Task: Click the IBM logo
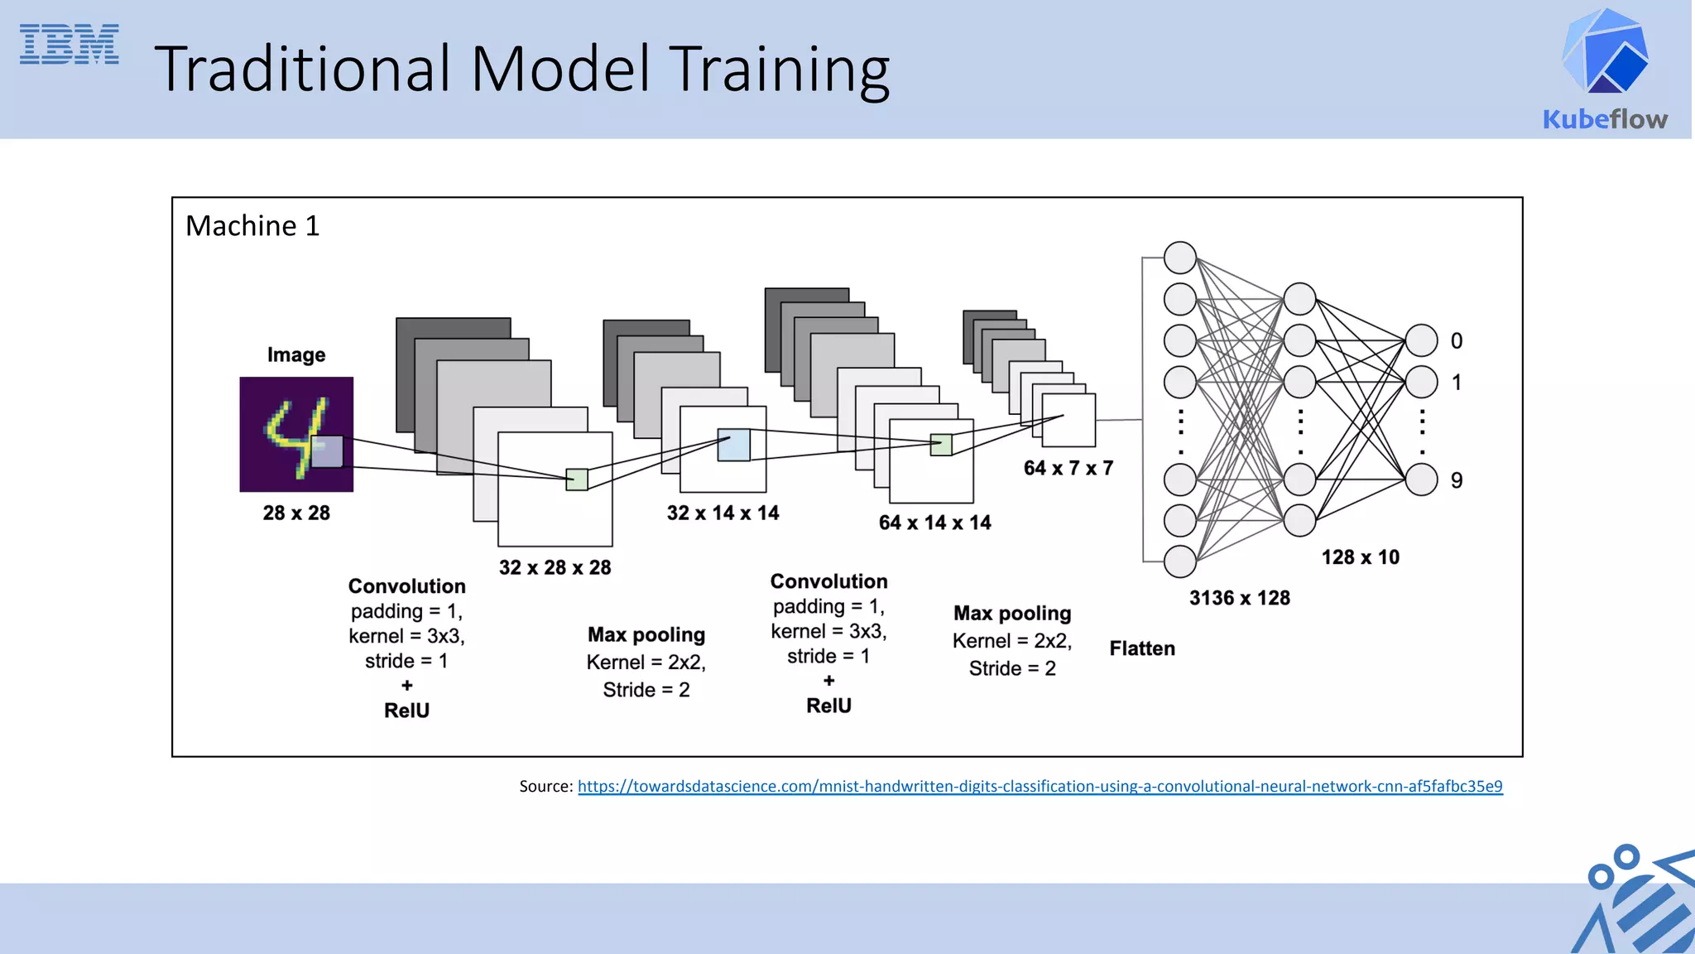pos(70,45)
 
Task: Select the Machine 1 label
pos(252,226)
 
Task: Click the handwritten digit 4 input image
pos(296,434)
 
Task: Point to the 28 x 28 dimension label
pos(296,513)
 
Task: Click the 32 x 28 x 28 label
pos(555,568)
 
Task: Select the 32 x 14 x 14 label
pos(723,513)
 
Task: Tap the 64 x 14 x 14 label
pos(934,523)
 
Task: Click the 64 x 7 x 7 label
pos(1068,469)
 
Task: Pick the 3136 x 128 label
pos(1239,599)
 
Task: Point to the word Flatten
pos(1142,649)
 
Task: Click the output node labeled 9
pos(1421,479)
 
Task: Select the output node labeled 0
pos(1421,340)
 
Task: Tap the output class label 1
pos(1457,383)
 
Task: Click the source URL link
pos(1040,787)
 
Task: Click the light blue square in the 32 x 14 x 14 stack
pos(733,446)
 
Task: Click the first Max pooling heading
pos(646,635)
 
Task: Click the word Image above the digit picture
pos(296,355)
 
